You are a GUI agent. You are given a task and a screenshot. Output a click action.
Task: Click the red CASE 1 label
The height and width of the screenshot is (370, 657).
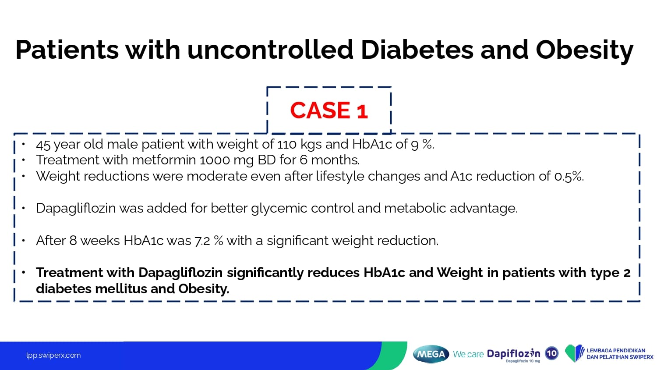coord(329,110)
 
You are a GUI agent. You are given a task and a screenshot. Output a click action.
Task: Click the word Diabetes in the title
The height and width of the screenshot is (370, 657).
coord(417,50)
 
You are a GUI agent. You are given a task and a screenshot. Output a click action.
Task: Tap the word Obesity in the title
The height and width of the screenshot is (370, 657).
coord(585,50)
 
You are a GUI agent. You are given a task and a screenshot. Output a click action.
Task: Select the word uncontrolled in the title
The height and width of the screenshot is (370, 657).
coord(270,50)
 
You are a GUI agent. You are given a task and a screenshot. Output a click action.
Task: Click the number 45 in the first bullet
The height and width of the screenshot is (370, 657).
coord(43,145)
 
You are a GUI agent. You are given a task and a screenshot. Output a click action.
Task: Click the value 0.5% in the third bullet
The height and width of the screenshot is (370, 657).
coord(569,176)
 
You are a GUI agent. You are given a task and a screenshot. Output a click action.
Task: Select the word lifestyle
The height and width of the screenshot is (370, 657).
coord(339,176)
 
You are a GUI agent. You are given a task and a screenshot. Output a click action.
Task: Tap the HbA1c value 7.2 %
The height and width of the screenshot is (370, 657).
coord(208,241)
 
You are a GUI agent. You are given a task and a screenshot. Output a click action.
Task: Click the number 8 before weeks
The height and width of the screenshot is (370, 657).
coord(73,241)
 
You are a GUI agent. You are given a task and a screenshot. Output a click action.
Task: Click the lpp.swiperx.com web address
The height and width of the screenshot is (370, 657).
coord(53,356)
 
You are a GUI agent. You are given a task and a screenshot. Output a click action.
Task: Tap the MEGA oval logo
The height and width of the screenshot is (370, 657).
coord(431,354)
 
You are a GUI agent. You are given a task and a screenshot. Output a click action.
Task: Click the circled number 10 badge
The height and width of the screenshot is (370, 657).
coord(552,353)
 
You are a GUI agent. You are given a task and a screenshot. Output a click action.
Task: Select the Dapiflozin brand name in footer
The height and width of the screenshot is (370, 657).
coord(513,353)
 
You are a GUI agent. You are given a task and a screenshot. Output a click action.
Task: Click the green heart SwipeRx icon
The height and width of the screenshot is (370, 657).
coord(574,353)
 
